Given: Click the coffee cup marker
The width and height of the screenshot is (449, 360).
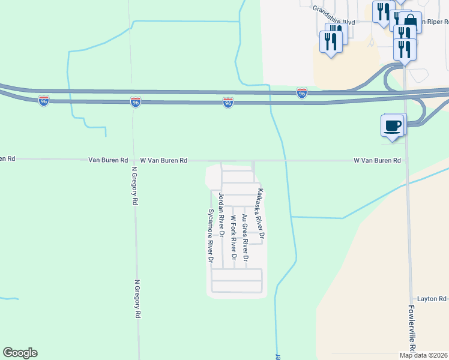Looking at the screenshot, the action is click(392, 127).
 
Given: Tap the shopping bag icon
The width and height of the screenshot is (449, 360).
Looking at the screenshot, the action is click(411, 22).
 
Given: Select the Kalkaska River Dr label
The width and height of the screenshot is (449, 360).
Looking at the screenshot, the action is click(261, 212).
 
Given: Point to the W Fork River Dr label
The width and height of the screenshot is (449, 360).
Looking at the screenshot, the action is click(234, 239).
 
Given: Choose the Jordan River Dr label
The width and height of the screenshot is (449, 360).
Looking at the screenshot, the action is click(221, 217).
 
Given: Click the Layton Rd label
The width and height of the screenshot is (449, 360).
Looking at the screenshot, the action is click(432, 299).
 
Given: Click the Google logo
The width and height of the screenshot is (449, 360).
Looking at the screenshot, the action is click(20, 353).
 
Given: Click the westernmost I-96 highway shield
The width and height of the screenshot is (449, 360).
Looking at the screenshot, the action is click(44, 101).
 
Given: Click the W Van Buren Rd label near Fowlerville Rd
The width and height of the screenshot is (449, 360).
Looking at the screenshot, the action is click(377, 161).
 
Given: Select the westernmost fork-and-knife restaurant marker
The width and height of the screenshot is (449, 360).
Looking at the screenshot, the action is click(331, 42).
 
